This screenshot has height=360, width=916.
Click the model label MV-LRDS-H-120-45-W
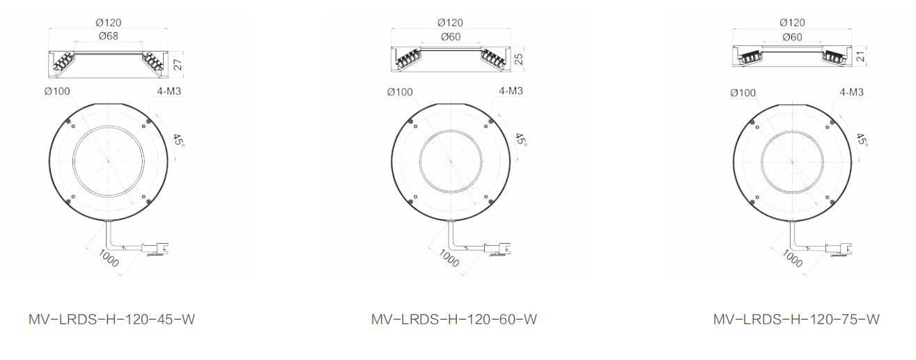point(111,319)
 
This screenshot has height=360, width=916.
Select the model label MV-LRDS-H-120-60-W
point(454,319)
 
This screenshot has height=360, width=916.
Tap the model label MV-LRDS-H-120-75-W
point(796,319)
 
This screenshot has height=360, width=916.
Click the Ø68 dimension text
point(109,36)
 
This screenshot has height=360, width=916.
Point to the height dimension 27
point(178,64)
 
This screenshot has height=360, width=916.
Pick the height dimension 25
point(518,59)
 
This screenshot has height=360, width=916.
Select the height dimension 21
point(861,56)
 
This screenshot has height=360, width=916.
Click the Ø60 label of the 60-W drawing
point(451,37)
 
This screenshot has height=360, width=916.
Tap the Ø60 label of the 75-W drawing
point(792,37)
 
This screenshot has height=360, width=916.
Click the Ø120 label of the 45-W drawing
point(109,22)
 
